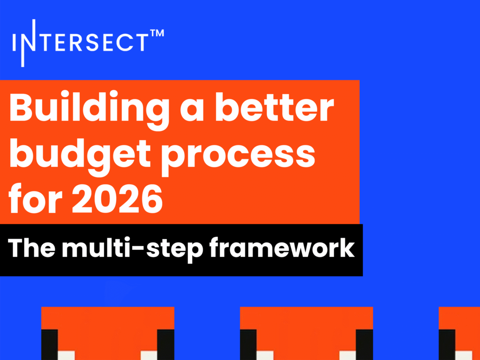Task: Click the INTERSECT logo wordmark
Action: coord(88,43)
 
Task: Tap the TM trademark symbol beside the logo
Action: coord(157,33)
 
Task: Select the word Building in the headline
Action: coord(89,110)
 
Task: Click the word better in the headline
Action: coord(274,107)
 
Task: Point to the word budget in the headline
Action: coord(80,156)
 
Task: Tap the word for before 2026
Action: coord(35,198)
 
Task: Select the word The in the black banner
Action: coord(32,247)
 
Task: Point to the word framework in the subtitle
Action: coord(282,247)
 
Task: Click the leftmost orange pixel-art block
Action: coord(108,333)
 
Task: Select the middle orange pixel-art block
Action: coord(307,333)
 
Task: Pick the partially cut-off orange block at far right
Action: coord(459,333)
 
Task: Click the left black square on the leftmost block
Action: coord(50,345)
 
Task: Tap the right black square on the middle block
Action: coord(364,345)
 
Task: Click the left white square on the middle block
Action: coord(265,355)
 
